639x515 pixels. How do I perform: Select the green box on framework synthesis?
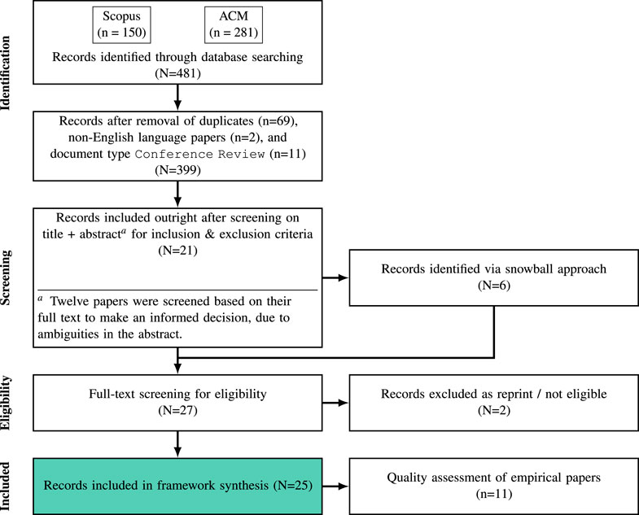(176, 487)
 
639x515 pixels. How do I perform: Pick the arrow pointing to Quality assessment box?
(334, 487)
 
